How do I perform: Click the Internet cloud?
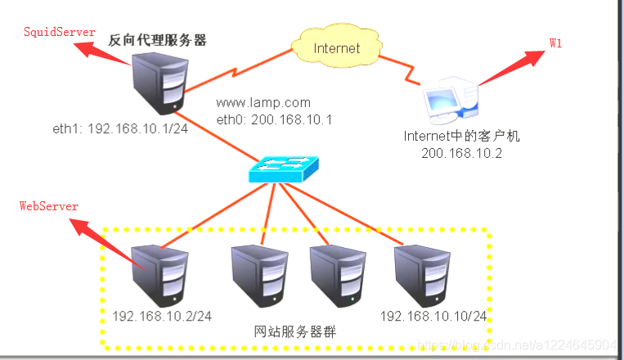click(x=335, y=47)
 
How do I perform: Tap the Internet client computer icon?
click(x=447, y=101)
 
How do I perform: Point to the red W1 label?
click(x=555, y=43)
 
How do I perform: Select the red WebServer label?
click(x=49, y=206)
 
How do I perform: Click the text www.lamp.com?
click(x=263, y=103)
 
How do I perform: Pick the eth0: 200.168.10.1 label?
click(x=263, y=119)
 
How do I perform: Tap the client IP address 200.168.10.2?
click(x=461, y=153)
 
